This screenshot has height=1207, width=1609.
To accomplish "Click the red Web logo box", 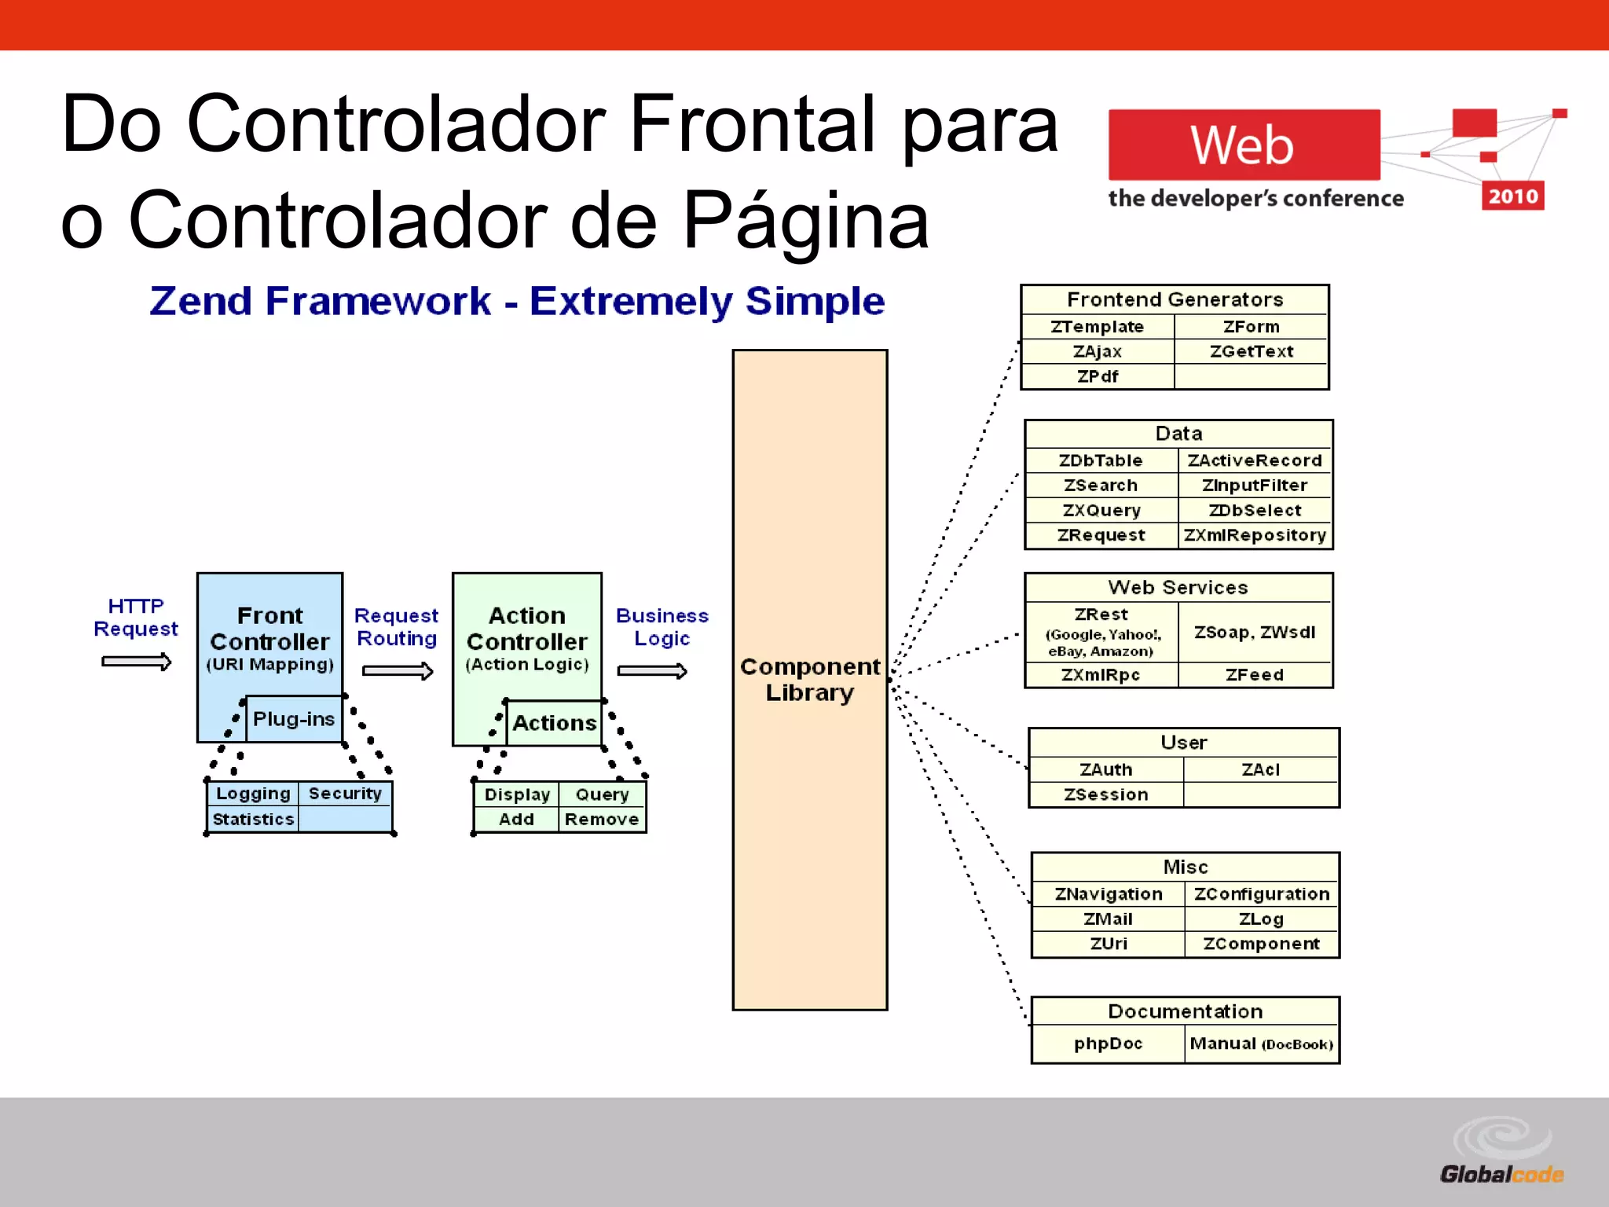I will (1243, 145).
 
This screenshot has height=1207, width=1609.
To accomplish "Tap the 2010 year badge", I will (1512, 196).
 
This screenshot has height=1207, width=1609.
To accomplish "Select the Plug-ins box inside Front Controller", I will (294, 719).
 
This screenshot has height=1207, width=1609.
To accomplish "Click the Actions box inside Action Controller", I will (554, 723).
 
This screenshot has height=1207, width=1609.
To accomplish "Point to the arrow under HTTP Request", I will (136, 662).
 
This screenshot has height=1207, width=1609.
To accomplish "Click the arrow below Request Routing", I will (398, 671).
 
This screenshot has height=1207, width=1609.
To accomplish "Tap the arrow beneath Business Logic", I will (652, 671).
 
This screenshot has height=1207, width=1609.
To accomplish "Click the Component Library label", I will (810, 680).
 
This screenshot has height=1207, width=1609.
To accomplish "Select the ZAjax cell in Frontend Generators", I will (1098, 352).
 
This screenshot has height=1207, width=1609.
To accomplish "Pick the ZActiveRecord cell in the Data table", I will (1255, 460).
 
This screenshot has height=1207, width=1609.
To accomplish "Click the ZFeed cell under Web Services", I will (1255, 675).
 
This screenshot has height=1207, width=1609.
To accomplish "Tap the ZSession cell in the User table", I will (1105, 794).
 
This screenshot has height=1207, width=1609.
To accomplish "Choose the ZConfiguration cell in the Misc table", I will (1261, 894).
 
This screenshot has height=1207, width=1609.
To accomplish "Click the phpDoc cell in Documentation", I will (1108, 1044).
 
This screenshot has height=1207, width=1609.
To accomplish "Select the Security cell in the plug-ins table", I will (345, 794).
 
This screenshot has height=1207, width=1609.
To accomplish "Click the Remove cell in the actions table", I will (602, 820).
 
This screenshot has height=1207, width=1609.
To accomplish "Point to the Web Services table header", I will (1178, 588).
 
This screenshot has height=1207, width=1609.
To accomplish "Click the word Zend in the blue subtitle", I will (200, 302).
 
